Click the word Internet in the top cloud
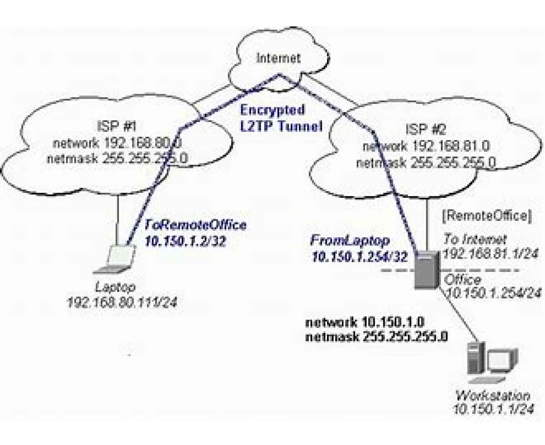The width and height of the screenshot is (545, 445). pos(278,58)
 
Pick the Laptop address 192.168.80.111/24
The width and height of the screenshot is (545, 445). pos(121,302)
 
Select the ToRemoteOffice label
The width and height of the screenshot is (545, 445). pos(195,225)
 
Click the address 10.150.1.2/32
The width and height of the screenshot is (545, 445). pos(185,241)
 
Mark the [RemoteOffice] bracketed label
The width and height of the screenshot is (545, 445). pos(486,216)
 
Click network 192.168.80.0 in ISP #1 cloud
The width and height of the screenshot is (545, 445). pos(117,143)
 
